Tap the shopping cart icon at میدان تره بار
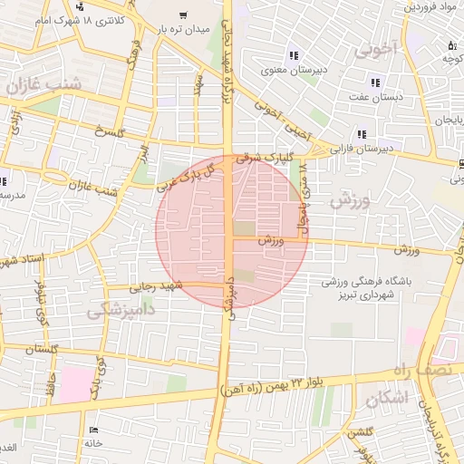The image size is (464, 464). (184, 14)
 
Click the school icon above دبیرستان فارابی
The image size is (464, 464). (362, 134)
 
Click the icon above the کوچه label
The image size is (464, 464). (451, 45)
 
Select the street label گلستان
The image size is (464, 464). (43, 349)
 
